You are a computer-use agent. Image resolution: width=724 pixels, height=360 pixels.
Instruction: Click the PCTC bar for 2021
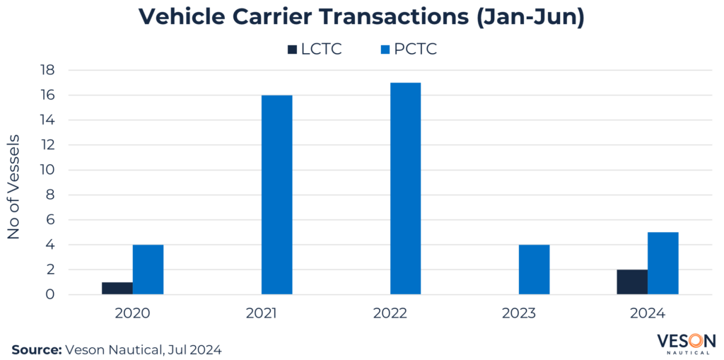(276, 194)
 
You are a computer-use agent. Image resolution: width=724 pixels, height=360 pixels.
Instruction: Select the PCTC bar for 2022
(405, 188)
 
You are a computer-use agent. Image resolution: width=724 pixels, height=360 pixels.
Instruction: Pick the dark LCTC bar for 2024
(631, 281)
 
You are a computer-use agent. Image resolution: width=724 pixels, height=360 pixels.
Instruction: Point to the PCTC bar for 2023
(534, 269)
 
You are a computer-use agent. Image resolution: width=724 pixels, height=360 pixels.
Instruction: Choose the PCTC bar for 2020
(148, 269)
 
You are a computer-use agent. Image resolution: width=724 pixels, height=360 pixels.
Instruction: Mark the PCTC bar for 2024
(662, 263)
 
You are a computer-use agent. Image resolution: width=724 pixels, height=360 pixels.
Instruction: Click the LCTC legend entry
(314, 49)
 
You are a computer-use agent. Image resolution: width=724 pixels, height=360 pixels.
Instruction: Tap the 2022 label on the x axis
(390, 313)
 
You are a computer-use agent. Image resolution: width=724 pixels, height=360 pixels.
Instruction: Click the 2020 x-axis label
(132, 313)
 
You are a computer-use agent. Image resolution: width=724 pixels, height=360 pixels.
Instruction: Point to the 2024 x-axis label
(647, 313)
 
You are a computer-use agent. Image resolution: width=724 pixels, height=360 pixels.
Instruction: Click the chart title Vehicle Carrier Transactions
(361, 17)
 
